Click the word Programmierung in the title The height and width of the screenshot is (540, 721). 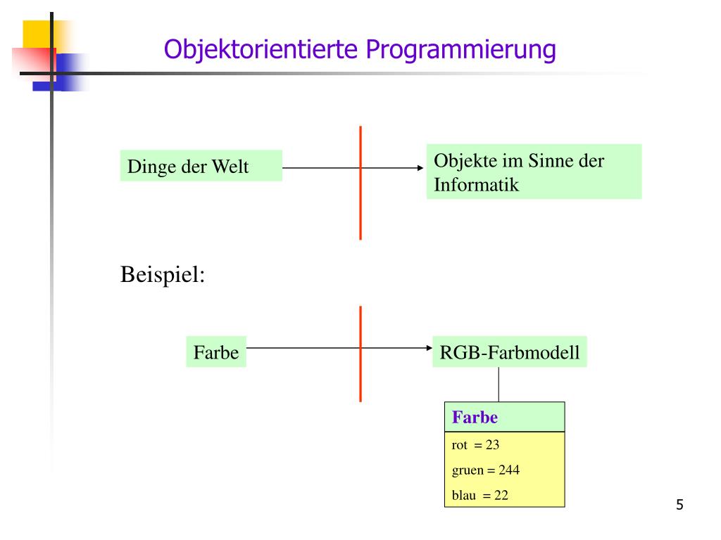coord(460,50)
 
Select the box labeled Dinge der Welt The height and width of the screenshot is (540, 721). coord(201,166)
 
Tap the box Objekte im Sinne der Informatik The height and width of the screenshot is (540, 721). coord(534,172)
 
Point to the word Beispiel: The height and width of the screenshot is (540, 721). coord(163,274)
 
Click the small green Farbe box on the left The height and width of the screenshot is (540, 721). coord(216,352)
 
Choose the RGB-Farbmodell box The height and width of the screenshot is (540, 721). coord(509,352)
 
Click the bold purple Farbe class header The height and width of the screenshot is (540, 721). coord(475,417)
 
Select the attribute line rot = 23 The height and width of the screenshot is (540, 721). coord(475,445)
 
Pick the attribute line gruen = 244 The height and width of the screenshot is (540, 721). coord(485,470)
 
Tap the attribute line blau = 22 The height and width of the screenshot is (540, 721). coord(479,495)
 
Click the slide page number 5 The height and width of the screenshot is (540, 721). coord(679,504)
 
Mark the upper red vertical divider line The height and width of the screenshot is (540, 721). coord(360,183)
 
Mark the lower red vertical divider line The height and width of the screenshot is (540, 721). coord(360,354)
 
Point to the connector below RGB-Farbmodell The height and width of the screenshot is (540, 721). coord(499,384)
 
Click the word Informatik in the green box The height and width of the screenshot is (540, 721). coord(476,186)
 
